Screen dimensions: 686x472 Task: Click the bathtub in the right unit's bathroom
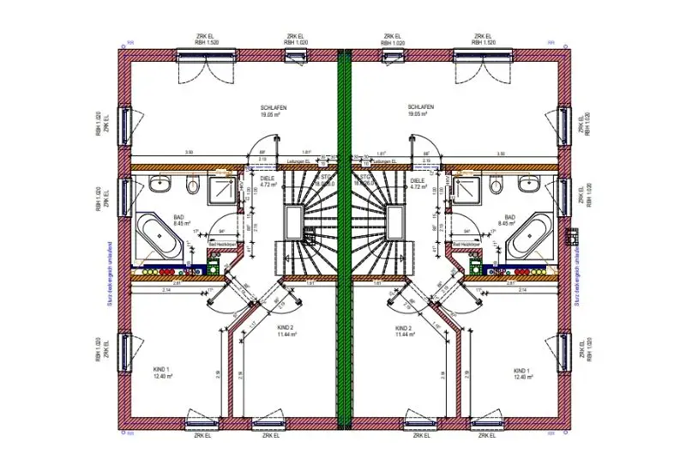click(x=529, y=236)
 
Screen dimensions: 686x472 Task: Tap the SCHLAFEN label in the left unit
click(x=274, y=107)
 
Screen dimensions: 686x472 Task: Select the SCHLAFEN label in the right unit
click(x=420, y=107)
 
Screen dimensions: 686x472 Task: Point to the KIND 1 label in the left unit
click(x=163, y=368)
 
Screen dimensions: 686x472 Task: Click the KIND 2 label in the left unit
click(x=285, y=329)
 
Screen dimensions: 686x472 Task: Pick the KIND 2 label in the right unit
click(x=404, y=329)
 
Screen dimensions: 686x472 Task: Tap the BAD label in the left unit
click(x=179, y=218)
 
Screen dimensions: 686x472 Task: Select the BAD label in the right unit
click(x=509, y=218)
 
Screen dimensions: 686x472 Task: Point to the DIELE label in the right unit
click(x=418, y=179)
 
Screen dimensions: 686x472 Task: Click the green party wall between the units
click(x=345, y=240)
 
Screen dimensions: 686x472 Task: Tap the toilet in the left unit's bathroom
click(x=191, y=185)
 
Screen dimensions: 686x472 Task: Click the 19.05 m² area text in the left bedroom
click(x=274, y=114)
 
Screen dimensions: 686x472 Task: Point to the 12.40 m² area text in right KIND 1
click(x=524, y=376)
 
